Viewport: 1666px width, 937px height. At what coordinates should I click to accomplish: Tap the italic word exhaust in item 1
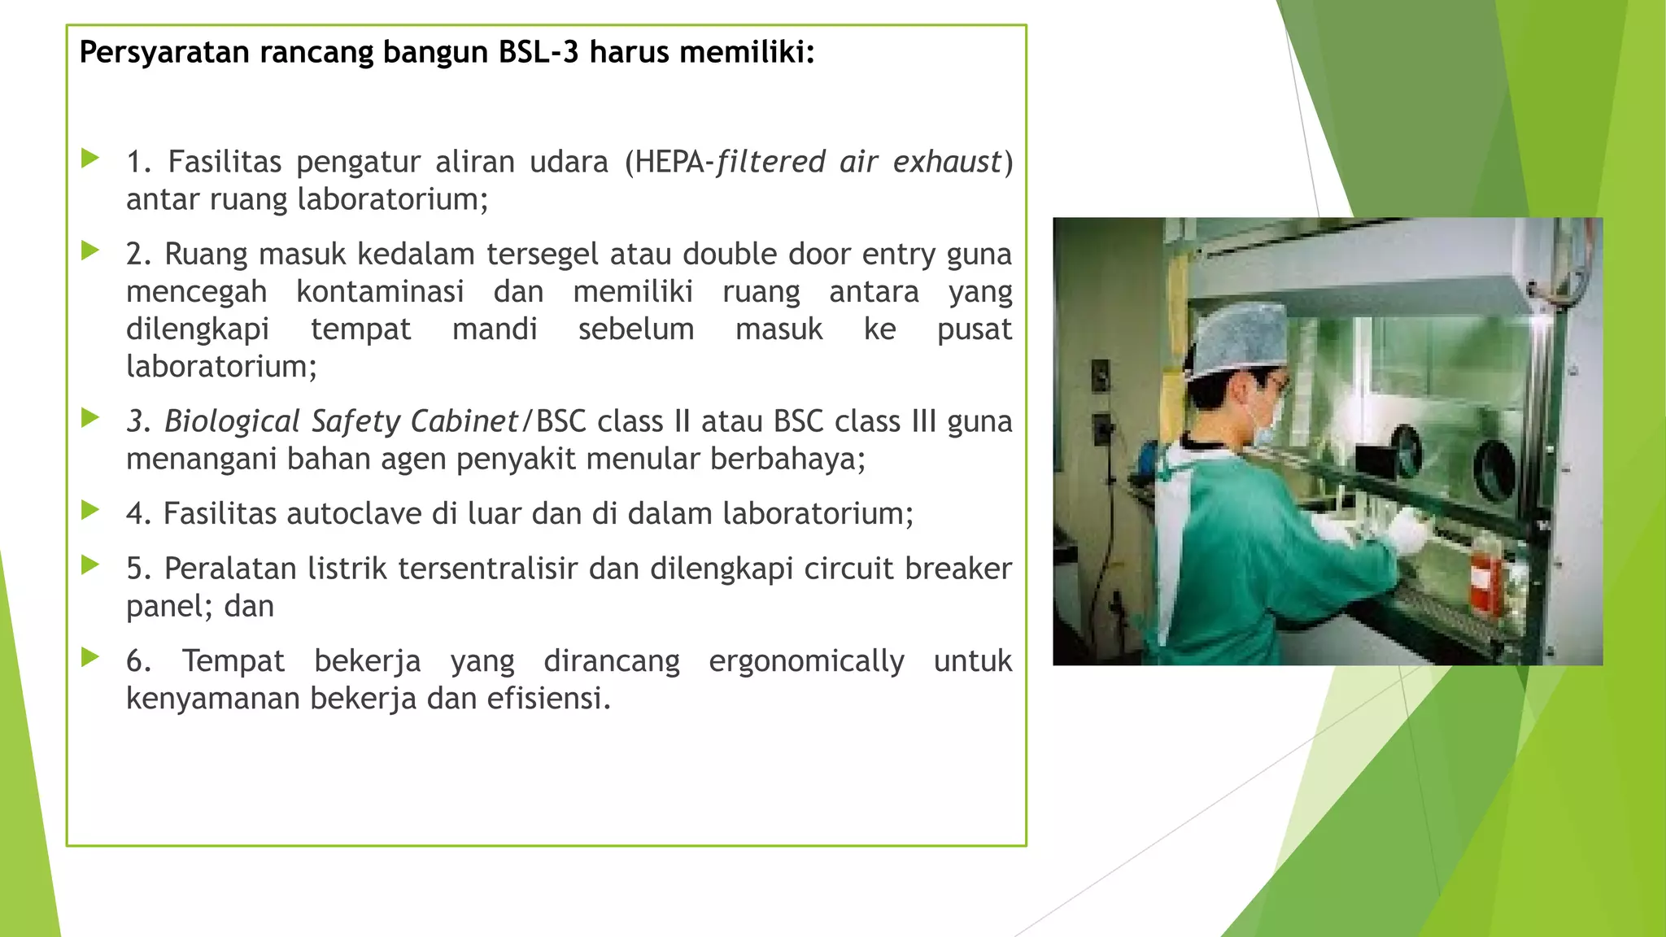pyautogui.click(x=946, y=162)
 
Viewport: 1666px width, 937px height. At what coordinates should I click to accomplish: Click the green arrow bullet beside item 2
pyautogui.click(x=90, y=251)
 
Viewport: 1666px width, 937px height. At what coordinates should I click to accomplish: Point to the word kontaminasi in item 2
pyautogui.click(x=380, y=291)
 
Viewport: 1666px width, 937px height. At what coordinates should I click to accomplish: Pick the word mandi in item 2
pyautogui.click(x=495, y=329)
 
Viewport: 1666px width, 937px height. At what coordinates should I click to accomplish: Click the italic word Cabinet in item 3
pyautogui.click(x=464, y=421)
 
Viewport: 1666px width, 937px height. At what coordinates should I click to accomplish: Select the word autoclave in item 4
pyautogui.click(x=354, y=513)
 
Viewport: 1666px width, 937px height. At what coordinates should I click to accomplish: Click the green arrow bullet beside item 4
pyautogui.click(x=90, y=510)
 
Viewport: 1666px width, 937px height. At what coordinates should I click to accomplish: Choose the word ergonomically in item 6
pyautogui.click(x=806, y=660)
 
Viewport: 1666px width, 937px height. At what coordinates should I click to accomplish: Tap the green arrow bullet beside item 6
pyautogui.click(x=90, y=657)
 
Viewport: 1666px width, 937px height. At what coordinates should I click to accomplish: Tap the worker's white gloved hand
pyautogui.click(x=1407, y=529)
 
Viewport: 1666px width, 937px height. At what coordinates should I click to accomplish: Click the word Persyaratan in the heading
pyautogui.click(x=164, y=53)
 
